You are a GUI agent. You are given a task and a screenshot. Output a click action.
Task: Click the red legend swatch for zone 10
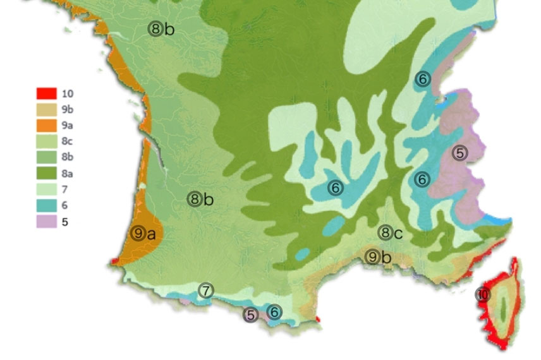[46, 93]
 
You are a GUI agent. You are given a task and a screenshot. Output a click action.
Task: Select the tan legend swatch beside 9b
[46, 109]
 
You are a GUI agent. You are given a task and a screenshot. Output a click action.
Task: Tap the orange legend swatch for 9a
[46, 125]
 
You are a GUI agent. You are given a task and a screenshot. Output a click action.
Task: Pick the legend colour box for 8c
[46, 141]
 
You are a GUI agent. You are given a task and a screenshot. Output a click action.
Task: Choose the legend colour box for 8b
[46, 157]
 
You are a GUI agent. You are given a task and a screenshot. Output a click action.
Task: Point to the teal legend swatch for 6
[46, 205]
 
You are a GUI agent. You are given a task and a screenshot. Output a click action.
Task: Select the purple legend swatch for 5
[46, 222]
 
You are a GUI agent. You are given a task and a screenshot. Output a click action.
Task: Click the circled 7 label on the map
[205, 291]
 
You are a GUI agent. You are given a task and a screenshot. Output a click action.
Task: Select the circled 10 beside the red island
[483, 294]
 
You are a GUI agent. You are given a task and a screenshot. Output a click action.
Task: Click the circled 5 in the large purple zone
[460, 153]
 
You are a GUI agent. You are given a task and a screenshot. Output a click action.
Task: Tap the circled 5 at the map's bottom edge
[252, 314]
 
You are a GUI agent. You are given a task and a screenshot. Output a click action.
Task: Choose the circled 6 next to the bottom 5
[274, 311]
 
